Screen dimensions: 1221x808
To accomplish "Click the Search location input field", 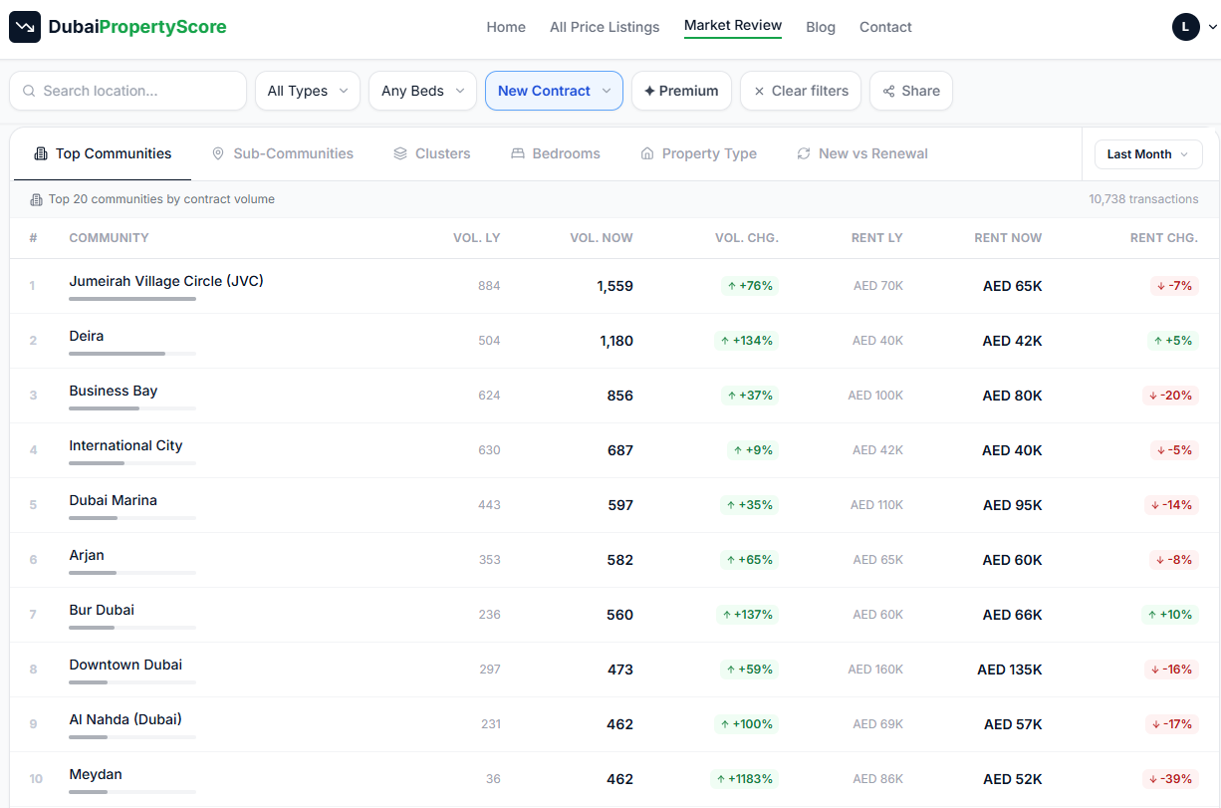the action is click(127, 91).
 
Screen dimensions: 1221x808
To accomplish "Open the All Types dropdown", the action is click(308, 91).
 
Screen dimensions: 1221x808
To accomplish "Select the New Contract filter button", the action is click(554, 91).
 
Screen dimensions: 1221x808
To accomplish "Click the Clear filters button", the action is click(800, 91).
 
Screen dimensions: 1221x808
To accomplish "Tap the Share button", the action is click(911, 91).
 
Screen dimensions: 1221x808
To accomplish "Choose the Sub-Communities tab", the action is click(283, 153).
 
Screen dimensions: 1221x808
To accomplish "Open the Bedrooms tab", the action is click(556, 153).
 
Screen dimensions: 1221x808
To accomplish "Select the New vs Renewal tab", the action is click(862, 153).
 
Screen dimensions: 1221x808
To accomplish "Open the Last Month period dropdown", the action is click(1148, 154).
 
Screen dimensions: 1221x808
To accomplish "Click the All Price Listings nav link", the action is click(605, 27).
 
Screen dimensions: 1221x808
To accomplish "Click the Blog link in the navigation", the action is click(821, 27).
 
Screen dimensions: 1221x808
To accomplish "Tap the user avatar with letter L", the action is click(1185, 27).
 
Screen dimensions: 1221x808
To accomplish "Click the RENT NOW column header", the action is click(1008, 238).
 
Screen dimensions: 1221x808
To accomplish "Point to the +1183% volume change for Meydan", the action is click(744, 778).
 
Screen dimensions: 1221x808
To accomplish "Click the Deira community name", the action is click(86, 336).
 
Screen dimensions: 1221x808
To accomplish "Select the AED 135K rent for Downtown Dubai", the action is click(1010, 669).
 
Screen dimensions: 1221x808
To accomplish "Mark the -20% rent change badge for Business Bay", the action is click(1170, 396).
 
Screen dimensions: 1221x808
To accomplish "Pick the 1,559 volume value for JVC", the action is click(614, 286).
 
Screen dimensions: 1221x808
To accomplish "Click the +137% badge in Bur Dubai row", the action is click(747, 615).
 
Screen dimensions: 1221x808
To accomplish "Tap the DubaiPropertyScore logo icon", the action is click(25, 27).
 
